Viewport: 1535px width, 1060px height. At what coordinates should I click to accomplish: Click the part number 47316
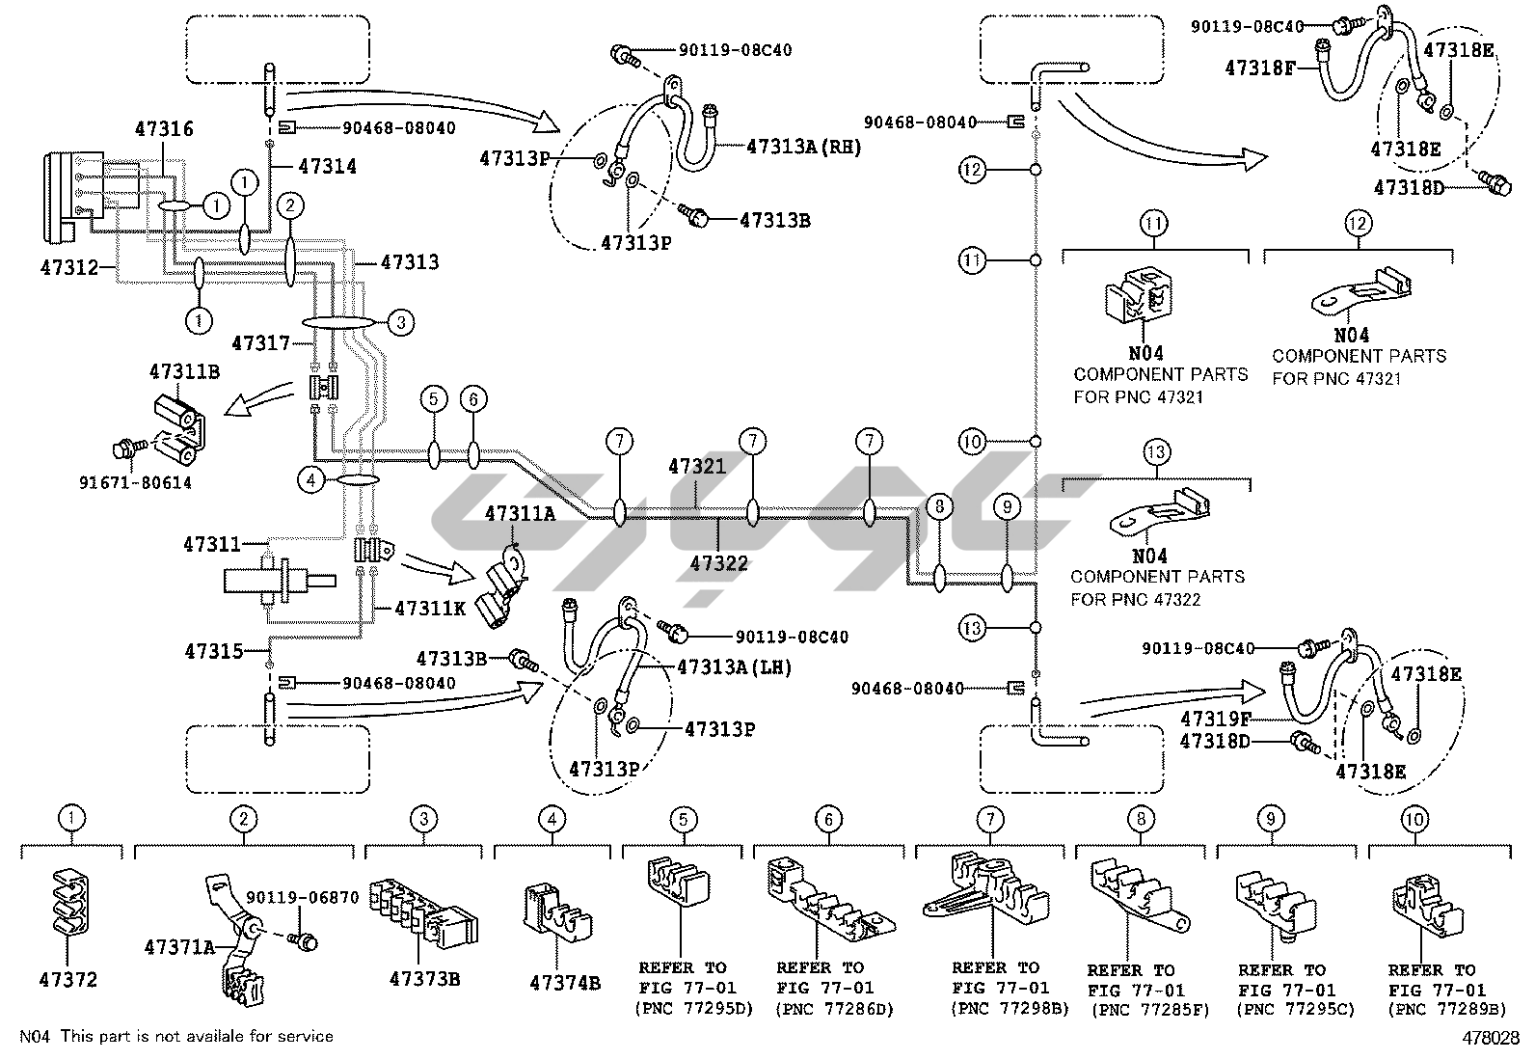[164, 129]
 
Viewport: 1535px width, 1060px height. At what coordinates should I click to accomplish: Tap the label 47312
[69, 267]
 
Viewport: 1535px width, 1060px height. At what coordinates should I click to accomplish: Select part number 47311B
[183, 370]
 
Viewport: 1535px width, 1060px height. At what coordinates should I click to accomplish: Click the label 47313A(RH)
[803, 147]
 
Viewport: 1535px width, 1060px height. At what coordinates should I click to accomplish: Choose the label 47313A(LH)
[734, 666]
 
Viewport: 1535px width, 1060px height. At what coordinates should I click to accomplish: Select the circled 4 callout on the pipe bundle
[312, 478]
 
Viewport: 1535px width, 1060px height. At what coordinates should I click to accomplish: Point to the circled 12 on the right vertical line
[972, 171]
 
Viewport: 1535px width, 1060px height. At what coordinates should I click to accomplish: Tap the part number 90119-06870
[302, 898]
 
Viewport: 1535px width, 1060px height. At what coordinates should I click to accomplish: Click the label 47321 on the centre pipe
[697, 467]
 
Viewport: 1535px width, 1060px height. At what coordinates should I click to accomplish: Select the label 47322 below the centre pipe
[719, 563]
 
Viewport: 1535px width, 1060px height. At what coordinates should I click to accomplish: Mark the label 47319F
[1216, 719]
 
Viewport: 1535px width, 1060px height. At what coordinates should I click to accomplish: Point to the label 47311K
[431, 609]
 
